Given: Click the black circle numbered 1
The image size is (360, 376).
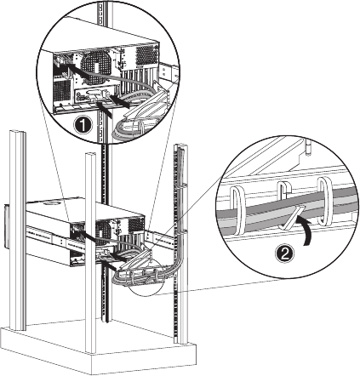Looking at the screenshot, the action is [x=83, y=126].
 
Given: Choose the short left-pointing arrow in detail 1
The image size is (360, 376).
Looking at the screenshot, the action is [x=120, y=101].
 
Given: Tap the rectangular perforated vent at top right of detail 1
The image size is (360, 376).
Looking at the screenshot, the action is [x=147, y=55].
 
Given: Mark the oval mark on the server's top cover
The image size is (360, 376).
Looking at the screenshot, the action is [x=52, y=203].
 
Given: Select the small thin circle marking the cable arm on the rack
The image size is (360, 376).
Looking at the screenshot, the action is [x=146, y=278].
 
